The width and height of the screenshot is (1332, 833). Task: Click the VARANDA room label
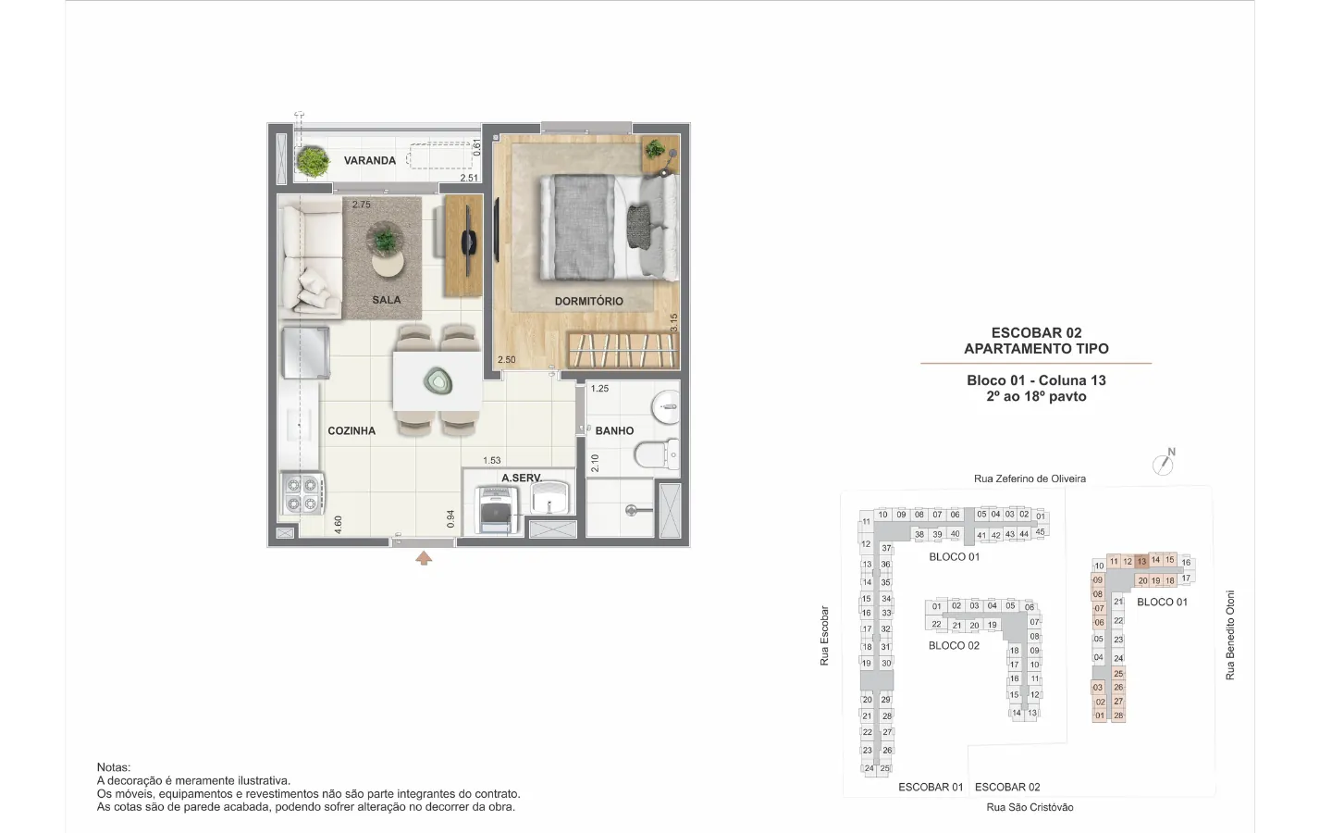[x=369, y=161]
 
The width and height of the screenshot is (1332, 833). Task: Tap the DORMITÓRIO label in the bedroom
[x=588, y=302]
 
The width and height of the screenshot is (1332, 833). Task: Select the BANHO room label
[x=614, y=430]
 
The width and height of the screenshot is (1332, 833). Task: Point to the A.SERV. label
[x=522, y=478]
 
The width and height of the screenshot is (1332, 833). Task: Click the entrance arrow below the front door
[x=424, y=558]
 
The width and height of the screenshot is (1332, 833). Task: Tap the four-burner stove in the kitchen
[x=302, y=494]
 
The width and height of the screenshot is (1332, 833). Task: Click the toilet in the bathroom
[x=657, y=455]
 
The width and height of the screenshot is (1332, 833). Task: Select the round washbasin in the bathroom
[x=667, y=407]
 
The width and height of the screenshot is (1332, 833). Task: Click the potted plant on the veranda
[x=313, y=161]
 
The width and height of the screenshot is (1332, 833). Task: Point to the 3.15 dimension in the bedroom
[x=673, y=322]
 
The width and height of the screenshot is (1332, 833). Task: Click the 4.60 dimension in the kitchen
[x=338, y=524]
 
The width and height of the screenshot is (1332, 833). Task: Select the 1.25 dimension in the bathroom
[x=599, y=389]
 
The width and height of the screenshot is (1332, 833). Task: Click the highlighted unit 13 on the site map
[x=1141, y=562]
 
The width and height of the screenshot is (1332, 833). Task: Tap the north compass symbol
[x=1164, y=463]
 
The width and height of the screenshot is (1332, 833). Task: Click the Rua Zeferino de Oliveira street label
[x=1030, y=479]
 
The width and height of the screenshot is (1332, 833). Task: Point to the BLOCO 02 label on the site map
[x=954, y=646]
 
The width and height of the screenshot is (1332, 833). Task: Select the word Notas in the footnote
[x=114, y=767]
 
